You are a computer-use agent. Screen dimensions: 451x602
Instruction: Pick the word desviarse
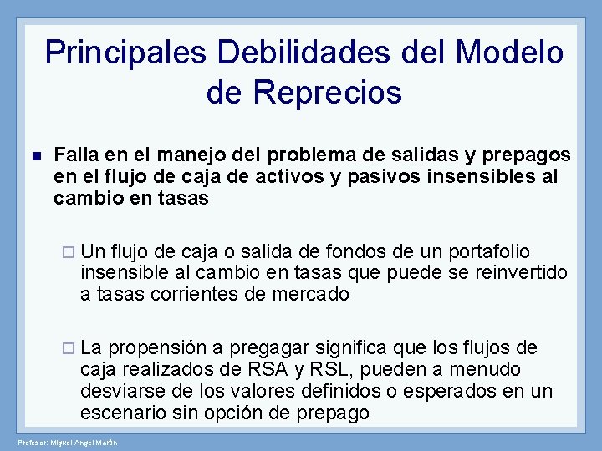point(119,392)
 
